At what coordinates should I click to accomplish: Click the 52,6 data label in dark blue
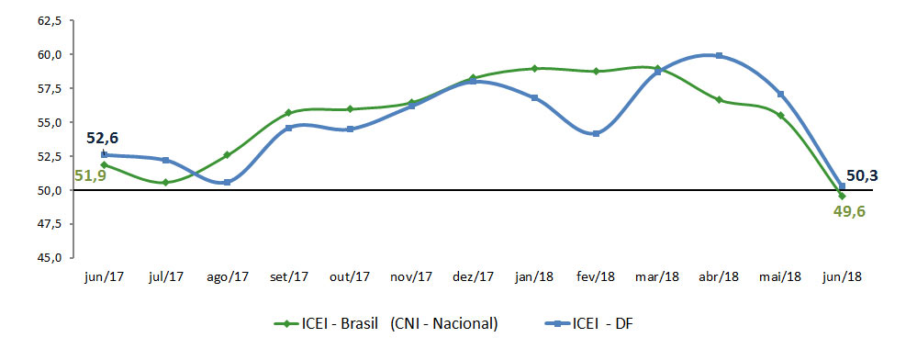click(x=103, y=139)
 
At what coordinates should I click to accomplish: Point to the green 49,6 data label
click(x=848, y=211)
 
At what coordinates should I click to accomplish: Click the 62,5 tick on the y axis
click(x=48, y=20)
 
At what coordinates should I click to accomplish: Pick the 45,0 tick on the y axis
click(x=48, y=258)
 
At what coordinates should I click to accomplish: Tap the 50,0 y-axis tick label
click(x=48, y=190)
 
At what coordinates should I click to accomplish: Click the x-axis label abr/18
click(x=719, y=276)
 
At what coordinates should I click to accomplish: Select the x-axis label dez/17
click(x=473, y=276)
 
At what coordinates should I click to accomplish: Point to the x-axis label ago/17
click(x=227, y=276)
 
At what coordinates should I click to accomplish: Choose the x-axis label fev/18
click(x=596, y=276)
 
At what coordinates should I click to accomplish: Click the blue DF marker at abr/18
click(x=719, y=56)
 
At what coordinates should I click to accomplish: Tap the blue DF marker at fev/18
click(x=596, y=134)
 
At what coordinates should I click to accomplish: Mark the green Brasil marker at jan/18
click(x=534, y=69)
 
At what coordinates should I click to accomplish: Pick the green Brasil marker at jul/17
click(x=165, y=183)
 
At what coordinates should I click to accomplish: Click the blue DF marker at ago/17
click(x=227, y=183)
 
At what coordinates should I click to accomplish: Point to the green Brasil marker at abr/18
click(x=719, y=100)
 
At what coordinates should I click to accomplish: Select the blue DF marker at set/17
click(x=288, y=128)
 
